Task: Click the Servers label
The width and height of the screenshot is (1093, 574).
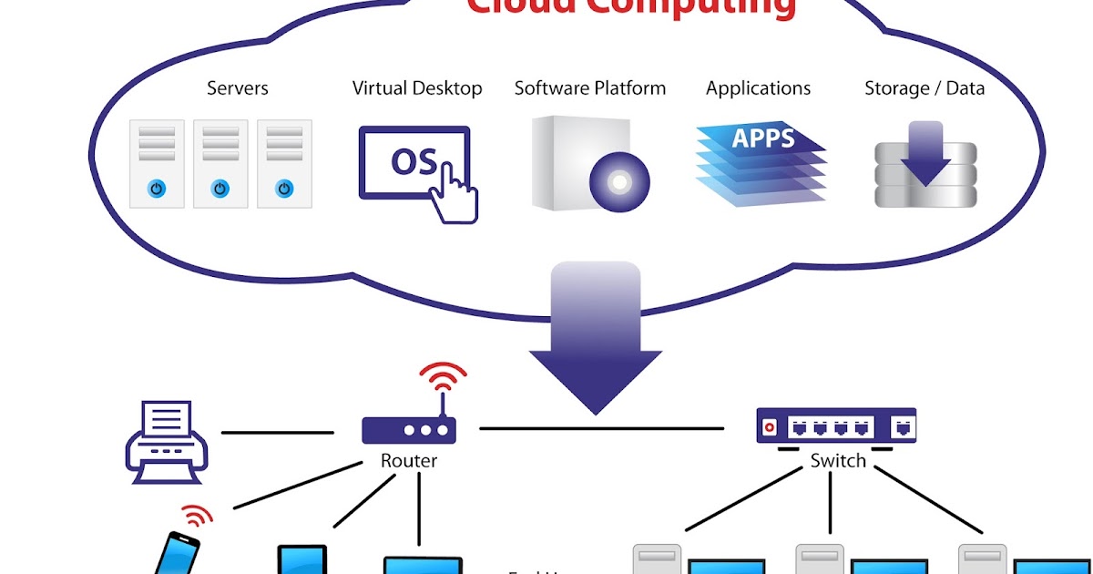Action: click(238, 88)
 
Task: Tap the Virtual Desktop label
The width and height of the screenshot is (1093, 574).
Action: click(417, 88)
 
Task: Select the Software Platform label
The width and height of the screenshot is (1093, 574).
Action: click(590, 88)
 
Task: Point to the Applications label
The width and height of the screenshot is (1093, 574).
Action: click(758, 88)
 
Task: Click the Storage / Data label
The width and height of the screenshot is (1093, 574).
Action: click(924, 88)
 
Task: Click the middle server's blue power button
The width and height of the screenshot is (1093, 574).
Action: click(220, 189)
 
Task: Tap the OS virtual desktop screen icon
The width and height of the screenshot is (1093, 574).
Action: click(414, 162)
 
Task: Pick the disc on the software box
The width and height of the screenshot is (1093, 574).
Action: click(619, 182)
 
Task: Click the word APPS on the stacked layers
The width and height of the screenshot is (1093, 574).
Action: click(763, 138)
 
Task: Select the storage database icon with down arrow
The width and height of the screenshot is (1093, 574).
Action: click(925, 166)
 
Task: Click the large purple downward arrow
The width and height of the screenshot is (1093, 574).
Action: click(596, 346)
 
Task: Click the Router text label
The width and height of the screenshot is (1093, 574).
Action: click(409, 461)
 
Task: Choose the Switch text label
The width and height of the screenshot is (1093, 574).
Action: click(837, 461)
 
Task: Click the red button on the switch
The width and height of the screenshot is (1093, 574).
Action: click(771, 426)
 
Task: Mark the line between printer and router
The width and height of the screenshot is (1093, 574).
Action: click(277, 433)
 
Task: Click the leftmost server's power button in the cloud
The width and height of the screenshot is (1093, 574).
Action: click(157, 189)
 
